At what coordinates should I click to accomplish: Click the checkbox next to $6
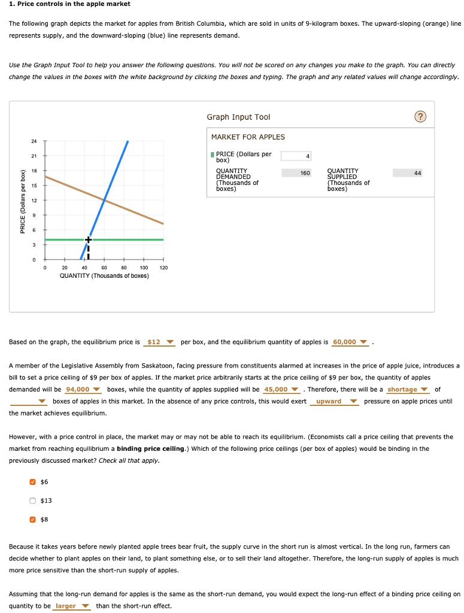[x=34, y=482]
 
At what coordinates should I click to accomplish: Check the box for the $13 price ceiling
[x=34, y=500]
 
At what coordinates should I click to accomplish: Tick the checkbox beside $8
[x=34, y=519]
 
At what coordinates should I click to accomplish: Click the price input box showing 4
[x=296, y=156]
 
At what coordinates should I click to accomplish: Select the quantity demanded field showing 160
[x=296, y=173]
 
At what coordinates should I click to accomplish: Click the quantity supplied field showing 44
[x=408, y=173]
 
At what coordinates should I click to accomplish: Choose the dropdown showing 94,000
[x=83, y=390]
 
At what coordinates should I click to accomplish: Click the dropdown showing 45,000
[x=281, y=390]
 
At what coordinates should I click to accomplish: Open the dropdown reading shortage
[x=407, y=390]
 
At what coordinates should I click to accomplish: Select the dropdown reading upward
[x=333, y=402]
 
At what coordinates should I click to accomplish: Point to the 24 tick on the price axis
[x=34, y=141]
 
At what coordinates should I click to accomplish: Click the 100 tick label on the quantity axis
[x=144, y=268]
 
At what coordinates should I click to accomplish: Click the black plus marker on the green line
[x=89, y=239]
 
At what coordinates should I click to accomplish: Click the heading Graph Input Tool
[x=238, y=117]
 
